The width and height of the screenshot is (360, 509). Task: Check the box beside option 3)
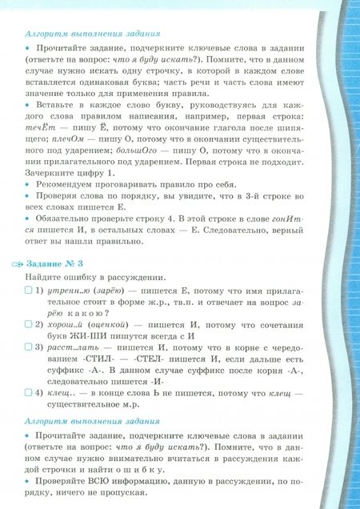pyautogui.click(x=29, y=348)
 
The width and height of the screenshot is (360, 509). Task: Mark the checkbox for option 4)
pyautogui.click(x=29, y=393)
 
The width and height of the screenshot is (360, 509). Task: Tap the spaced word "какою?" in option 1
pyautogui.click(x=91, y=311)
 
